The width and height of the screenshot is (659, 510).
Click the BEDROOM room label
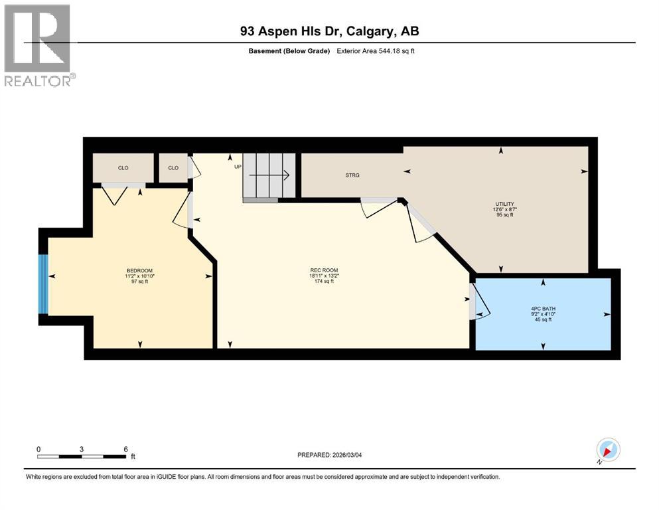(x=139, y=270)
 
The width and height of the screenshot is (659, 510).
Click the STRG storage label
(x=352, y=175)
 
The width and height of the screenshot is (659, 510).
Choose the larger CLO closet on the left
(x=123, y=168)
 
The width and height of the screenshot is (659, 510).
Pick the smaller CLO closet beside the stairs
(x=173, y=168)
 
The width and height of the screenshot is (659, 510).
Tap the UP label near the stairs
(x=237, y=167)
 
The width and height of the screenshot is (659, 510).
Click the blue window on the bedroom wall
(x=43, y=284)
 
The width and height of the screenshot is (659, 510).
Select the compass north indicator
(x=607, y=450)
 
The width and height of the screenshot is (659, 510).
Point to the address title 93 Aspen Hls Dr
(x=329, y=31)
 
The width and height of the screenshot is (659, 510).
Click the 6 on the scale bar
(x=125, y=449)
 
